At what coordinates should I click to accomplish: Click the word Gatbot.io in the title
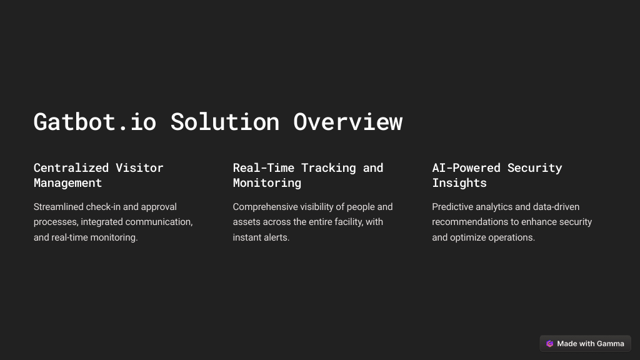pos(95,122)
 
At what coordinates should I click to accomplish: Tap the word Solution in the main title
pos(225,122)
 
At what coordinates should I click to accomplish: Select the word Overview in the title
pos(347,122)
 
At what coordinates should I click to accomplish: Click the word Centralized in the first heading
pos(71,167)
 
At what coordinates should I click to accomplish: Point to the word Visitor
pos(139,167)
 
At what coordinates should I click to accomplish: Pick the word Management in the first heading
pos(67,183)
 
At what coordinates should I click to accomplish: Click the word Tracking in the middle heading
pos(329,167)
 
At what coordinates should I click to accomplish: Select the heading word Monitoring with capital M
pos(267,183)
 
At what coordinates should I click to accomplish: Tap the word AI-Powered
pos(466,167)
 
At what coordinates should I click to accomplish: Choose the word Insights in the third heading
pos(459,183)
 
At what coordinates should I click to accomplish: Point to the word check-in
pos(103,207)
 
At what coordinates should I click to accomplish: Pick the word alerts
pos(277,237)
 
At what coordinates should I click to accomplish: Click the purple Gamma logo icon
pos(550,344)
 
